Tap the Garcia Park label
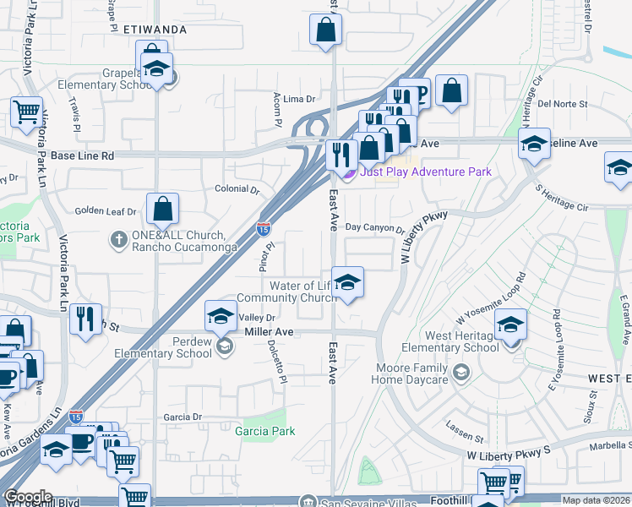(270, 431)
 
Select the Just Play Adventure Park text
(425, 172)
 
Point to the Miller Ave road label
(269, 332)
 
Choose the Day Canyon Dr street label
(376, 227)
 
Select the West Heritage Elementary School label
(449, 342)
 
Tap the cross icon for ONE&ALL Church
(118, 241)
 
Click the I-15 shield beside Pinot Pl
(264, 228)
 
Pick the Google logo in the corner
(29, 497)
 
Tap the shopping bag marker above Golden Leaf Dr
(162, 209)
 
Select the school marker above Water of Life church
(347, 282)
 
